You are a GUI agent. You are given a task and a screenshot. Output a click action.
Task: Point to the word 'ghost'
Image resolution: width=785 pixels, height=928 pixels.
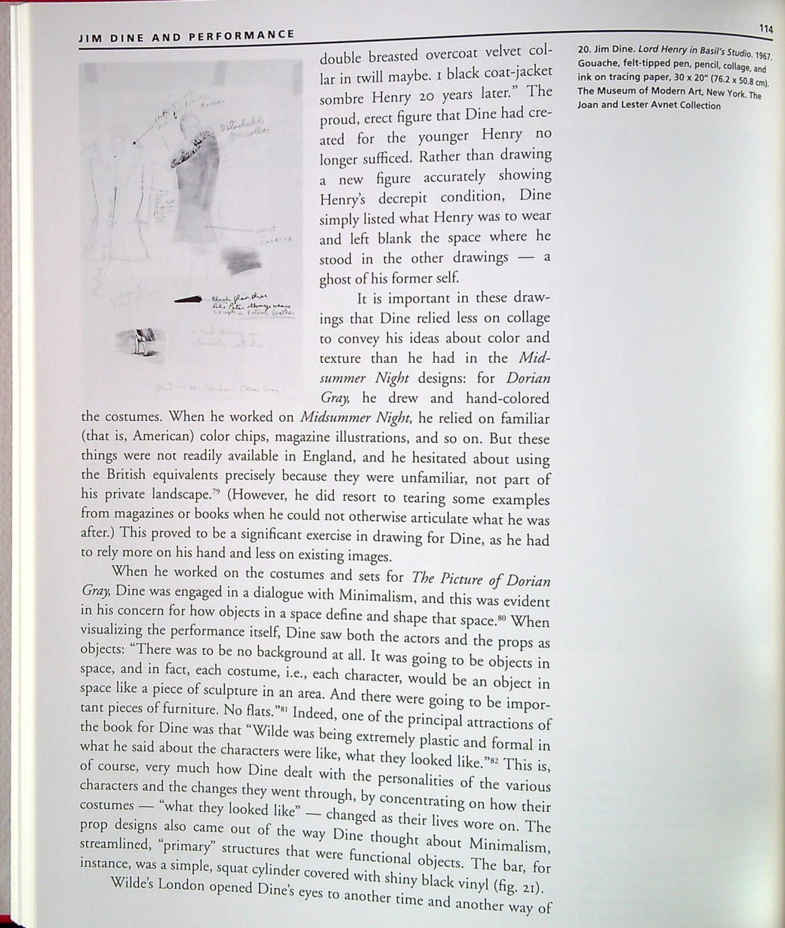click(x=335, y=280)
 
